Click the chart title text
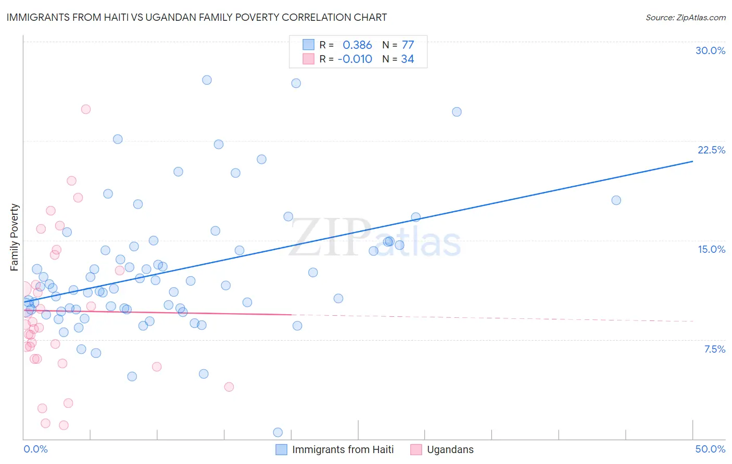click(196, 17)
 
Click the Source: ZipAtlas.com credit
click(685, 18)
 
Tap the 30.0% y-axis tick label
click(710, 50)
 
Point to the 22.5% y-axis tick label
click(711, 150)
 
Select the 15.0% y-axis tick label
click(711, 249)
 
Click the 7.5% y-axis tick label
click(714, 349)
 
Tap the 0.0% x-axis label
click(35, 449)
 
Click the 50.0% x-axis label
click(710, 449)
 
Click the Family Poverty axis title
click(15, 237)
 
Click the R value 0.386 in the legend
click(357, 45)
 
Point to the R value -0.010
click(355, 59)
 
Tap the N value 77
click(408, 45)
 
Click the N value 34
click(407, 59)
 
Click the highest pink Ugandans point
click(86, 109)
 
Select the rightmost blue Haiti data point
click(616, 200)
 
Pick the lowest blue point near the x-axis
click(278, 432)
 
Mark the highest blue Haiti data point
click(207, 80)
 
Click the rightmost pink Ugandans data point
click(229, 386)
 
